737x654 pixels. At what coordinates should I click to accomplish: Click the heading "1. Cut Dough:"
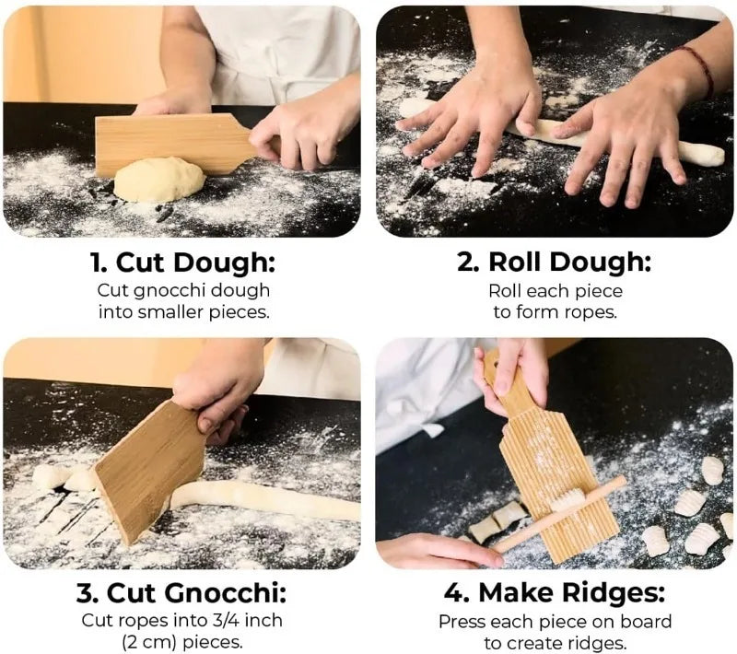click(182, 263)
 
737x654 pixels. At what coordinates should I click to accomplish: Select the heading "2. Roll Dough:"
click(554, 263)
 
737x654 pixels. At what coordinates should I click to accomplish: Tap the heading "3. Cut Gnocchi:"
click(182, 591)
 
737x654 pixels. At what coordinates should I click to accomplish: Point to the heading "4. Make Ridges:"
click(554, 591)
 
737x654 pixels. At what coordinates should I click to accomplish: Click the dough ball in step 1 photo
click(158, 179)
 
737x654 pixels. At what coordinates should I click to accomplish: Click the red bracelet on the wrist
click(703, 72)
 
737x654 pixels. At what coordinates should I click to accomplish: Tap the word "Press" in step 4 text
click(462, 622)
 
